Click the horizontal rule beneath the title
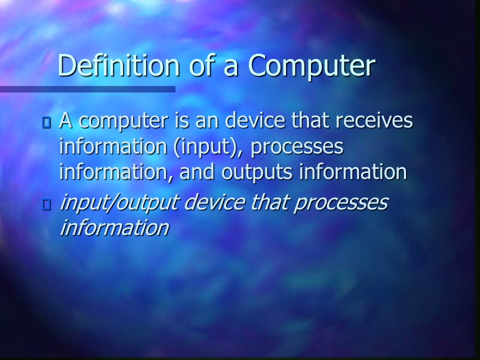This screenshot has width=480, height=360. click(87, 89)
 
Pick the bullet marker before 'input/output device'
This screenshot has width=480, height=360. click(47, 204)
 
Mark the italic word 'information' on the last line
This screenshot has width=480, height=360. click(114, 227)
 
